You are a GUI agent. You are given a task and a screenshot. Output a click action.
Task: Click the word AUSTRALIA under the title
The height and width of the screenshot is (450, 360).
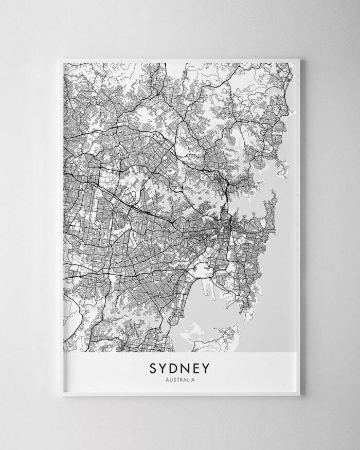(x=180, y=381)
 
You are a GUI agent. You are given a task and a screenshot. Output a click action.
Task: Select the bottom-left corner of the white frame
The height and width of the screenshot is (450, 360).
(x=56, y=395)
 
